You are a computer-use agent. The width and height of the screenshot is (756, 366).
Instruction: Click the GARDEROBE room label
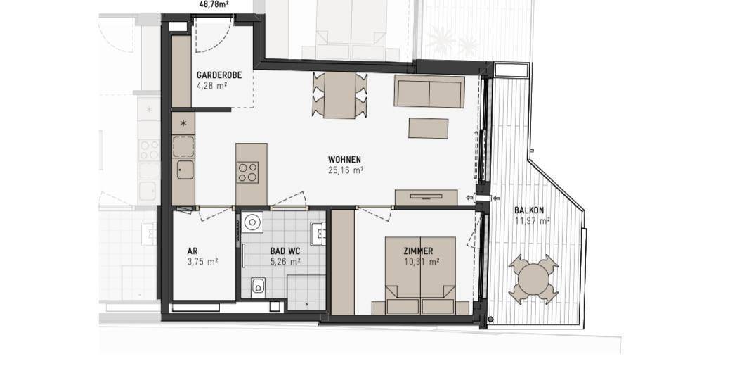[x=219, y=75]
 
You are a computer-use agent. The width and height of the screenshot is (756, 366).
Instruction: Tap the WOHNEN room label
[x=344, y=159]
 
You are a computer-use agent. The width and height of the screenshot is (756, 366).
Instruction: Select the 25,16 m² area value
[x=345, y=170]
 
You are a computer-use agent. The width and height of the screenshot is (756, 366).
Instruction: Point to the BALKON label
[x=529, y=210]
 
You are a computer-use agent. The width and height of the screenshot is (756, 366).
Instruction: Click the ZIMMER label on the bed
[x=418, y=251]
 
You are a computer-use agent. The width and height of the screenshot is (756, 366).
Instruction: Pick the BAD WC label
[x=285, y=251]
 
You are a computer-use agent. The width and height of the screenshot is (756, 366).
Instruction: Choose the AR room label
[x=193, y=251]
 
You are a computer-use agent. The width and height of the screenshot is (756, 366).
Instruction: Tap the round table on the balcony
[x=533, y=279]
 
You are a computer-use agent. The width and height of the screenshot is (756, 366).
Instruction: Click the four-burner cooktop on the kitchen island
[x=247, y=172]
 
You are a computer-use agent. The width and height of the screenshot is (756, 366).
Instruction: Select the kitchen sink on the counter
[x=185, y=170]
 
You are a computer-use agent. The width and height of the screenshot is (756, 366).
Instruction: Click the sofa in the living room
[x=429, y=91]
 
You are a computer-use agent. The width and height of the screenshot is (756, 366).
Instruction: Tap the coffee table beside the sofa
[x=428, y=128]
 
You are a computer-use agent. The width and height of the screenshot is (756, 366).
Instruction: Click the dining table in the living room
[x=339, y=94]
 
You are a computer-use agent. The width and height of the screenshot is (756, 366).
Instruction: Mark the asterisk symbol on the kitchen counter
[x=183, y=124]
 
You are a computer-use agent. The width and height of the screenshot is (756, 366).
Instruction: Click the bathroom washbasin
[x=318, y=232]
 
